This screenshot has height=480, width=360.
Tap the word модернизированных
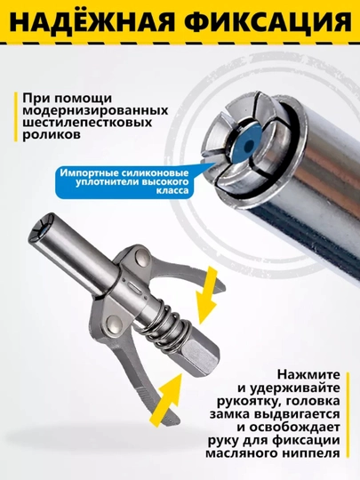coord(95,110)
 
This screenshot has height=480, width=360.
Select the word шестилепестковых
coord(87,123)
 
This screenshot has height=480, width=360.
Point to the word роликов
coord(52,135)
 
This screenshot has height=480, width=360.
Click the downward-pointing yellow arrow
coord(205,294)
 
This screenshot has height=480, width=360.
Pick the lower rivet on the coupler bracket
coord(113,323)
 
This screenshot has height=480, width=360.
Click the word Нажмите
coord(308,375)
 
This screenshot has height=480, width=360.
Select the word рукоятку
coord(249,402)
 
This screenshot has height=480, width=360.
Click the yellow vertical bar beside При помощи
coord(16,117)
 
